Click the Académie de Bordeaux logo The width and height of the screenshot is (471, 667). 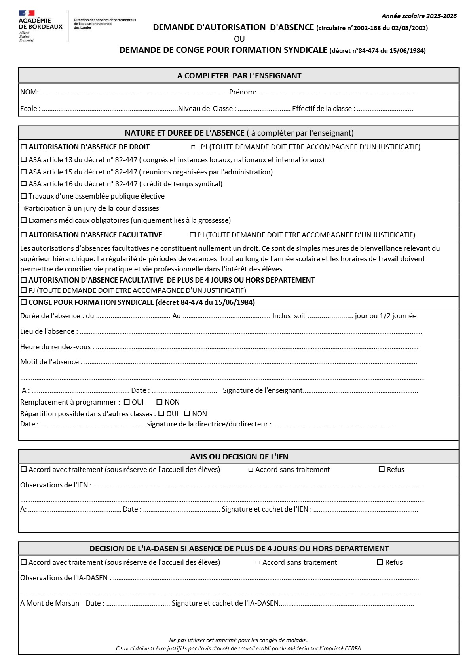point(40,25)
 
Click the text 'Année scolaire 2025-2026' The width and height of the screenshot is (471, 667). point(419,16)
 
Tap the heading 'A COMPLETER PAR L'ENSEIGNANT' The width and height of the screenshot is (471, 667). point(239,76)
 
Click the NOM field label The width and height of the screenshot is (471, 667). point(29,92)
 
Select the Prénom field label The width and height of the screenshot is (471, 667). point(242,92)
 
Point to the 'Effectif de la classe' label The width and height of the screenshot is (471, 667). point(323,109)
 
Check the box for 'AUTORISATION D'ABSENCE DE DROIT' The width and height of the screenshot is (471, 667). point(24,147)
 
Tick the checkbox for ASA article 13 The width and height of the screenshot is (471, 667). point(24,160)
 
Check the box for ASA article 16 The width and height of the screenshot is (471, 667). point(24,184)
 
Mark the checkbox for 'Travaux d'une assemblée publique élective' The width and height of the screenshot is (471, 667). point(24,196)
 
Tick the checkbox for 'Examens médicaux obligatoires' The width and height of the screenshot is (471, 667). point(24,220)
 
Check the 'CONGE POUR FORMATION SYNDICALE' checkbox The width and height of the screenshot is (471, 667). point(24,302)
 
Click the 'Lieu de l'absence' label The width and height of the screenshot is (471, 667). point(49,331)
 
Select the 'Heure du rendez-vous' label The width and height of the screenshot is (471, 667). point(57,347)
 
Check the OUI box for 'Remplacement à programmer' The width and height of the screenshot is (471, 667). point(127,402)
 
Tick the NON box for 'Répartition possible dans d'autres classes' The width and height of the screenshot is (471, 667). point(187,414)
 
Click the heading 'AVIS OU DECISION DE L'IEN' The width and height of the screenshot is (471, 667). point(239,457)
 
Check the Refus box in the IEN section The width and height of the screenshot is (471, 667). point(382,470)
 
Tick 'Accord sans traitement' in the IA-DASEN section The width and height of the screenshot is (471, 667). point(258,563)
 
